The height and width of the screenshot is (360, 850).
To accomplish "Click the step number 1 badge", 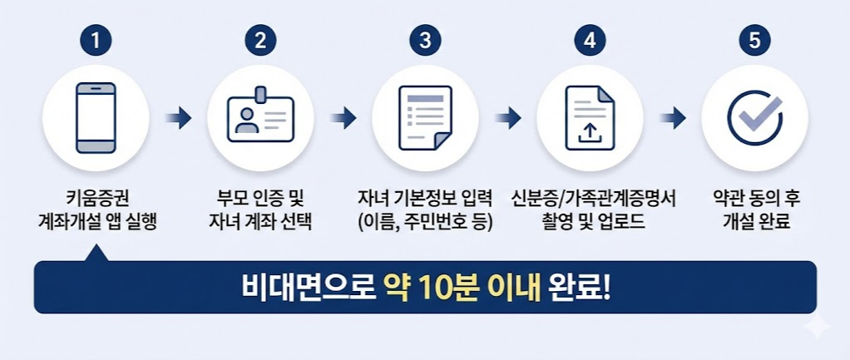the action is coord(96,40).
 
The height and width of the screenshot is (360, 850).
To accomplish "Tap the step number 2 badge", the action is coord(260,40).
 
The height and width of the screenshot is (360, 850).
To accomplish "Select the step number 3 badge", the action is coord(425,40).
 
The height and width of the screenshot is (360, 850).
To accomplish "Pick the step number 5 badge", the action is coord(754,40).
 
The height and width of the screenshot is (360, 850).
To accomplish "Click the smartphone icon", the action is coord(96,117).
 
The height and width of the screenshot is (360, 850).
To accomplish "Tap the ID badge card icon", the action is coord(260,116).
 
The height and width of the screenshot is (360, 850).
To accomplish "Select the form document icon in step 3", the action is coord(425,118).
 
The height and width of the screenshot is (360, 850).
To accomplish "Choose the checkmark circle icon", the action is coord(754,118).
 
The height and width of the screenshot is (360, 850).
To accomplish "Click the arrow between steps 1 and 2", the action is coord(178,118).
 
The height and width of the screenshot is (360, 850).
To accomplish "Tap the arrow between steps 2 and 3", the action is coord(343,118).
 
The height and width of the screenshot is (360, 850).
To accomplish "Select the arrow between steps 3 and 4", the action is coord(507,118).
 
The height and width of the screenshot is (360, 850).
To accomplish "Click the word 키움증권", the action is coord(97,200).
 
